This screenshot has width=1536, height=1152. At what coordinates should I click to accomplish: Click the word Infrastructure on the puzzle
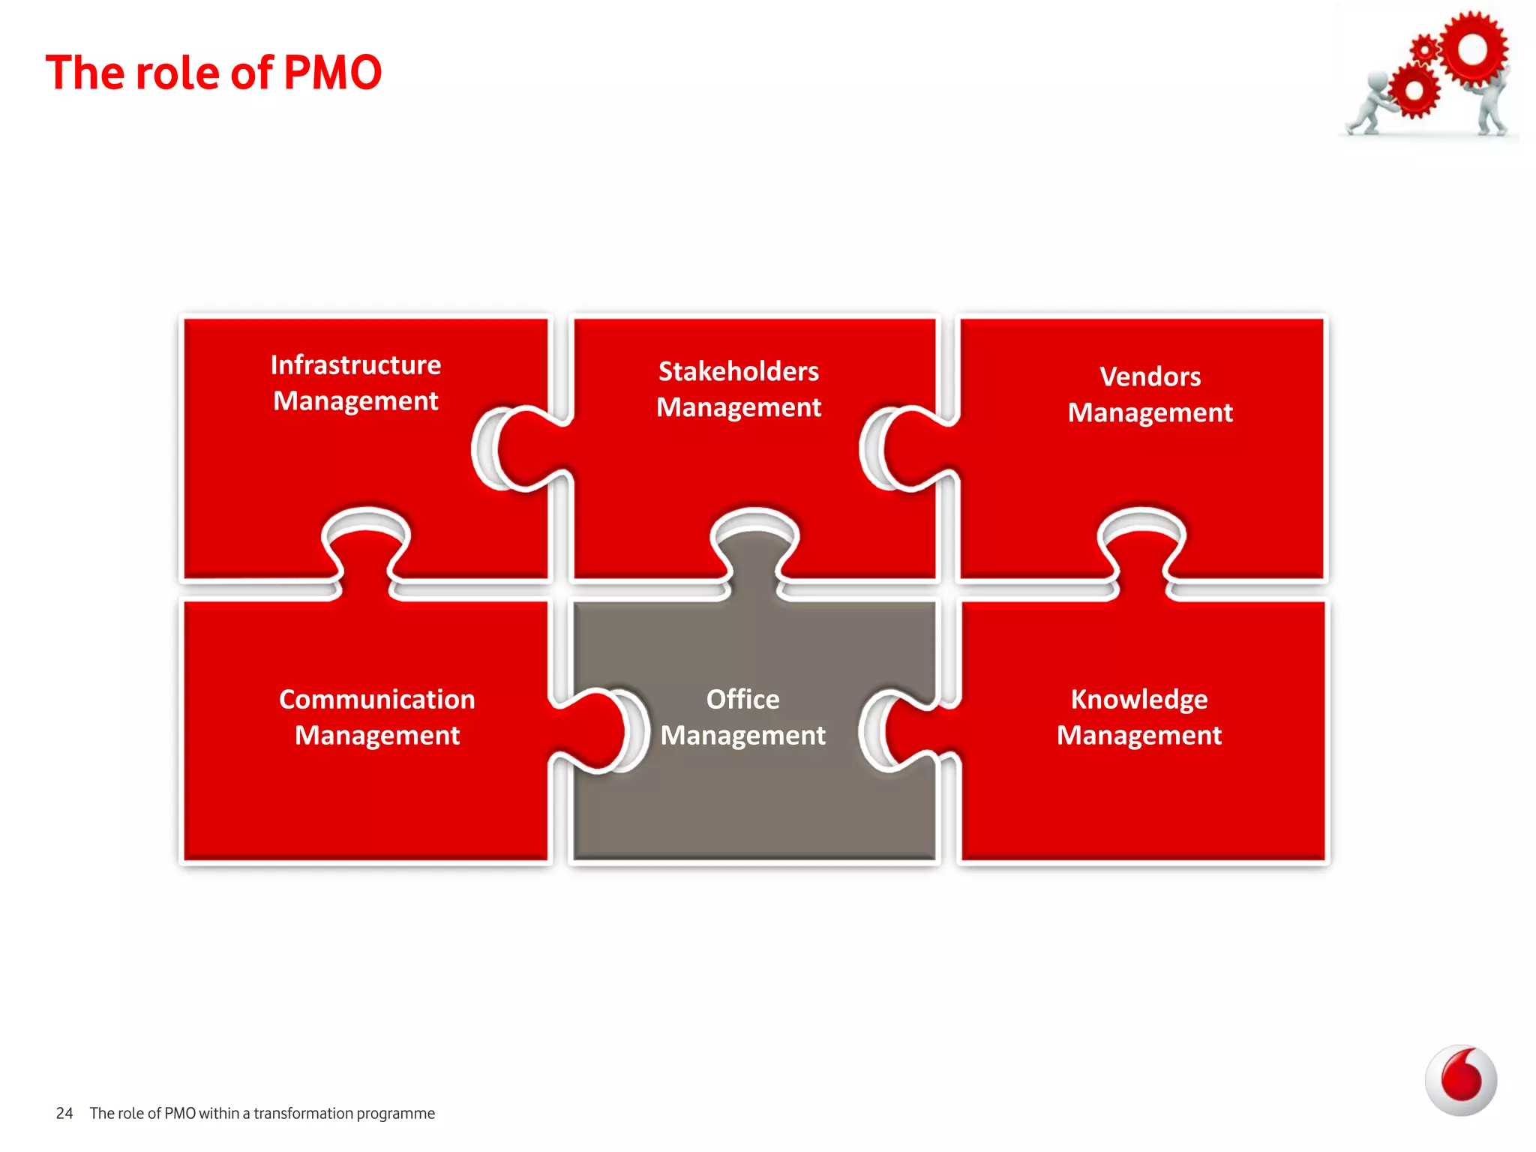coord(355,365)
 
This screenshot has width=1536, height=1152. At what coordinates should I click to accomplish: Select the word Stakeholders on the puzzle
coord(739,371)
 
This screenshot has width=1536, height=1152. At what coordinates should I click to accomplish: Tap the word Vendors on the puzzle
coord(1150,376)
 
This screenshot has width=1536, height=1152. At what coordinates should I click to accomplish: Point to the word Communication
coord(376,699)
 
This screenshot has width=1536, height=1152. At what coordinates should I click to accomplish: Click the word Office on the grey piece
coord(742,699)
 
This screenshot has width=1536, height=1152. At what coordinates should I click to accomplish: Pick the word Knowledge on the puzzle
coord(1138,699)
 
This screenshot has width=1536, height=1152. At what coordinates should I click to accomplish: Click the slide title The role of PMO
coord(214,73)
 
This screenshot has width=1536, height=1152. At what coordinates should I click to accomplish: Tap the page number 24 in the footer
coord(64,1113)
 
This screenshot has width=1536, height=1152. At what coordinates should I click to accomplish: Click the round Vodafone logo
coord(1460,1080)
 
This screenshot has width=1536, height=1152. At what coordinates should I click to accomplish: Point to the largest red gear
coord(1472,49)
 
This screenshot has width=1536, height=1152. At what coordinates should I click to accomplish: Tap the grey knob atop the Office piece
coord(754,547)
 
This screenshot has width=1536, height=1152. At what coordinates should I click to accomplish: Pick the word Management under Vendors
coord(1150,412)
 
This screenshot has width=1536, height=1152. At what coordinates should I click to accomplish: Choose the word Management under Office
coord(742,735)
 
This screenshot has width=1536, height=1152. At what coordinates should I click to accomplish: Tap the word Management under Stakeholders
coord(739,407)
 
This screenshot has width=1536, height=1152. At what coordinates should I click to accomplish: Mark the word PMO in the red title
coord(333,73)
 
